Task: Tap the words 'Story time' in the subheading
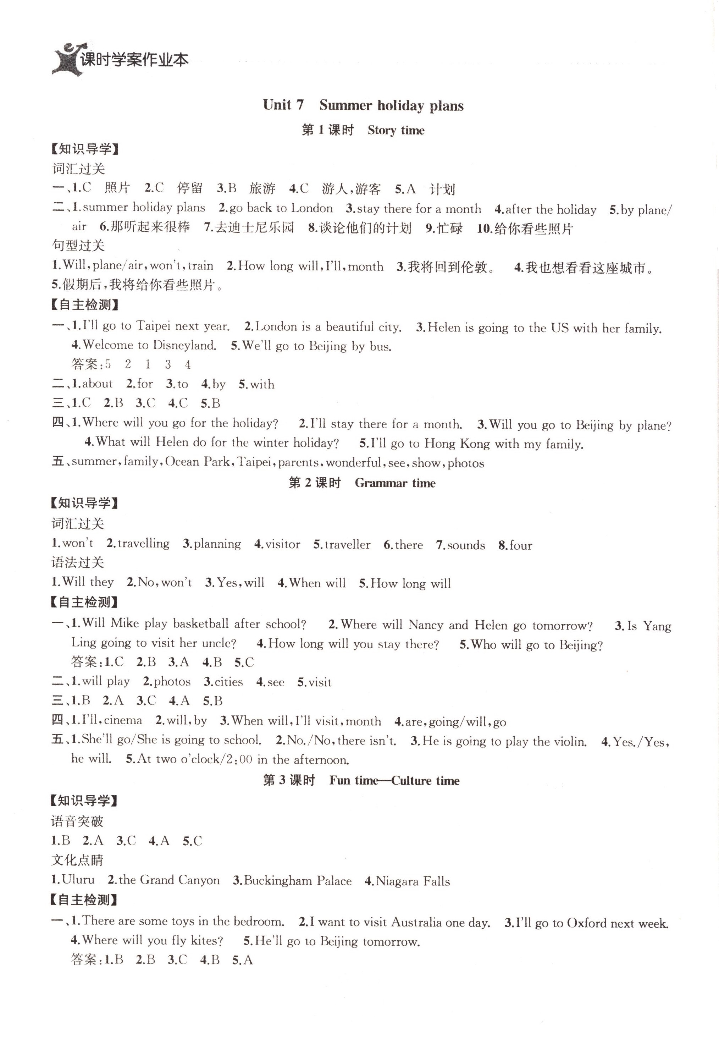click(x=396, y=131)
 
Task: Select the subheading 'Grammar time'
click(x=395, y=483)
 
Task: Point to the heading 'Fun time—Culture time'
click(x=394, y=781)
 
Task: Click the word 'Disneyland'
click(x=184, y=345)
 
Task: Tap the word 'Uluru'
click(x=78, y=880)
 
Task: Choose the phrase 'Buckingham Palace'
click(x=298, y=881)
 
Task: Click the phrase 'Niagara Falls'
click(x=413, y=881)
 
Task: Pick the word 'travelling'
click(x=143, y=544)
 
